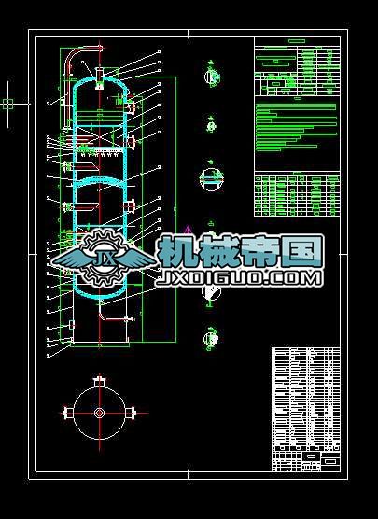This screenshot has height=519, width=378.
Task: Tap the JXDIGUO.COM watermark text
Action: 240,278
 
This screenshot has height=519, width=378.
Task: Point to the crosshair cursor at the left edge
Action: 7,104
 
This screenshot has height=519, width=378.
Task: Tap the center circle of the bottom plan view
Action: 99,414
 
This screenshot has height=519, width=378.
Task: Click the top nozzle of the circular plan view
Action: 99,381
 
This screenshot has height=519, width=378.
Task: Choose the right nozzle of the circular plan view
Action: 134,414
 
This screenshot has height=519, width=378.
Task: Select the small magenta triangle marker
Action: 188,228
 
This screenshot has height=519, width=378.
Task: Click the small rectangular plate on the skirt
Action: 72,324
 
